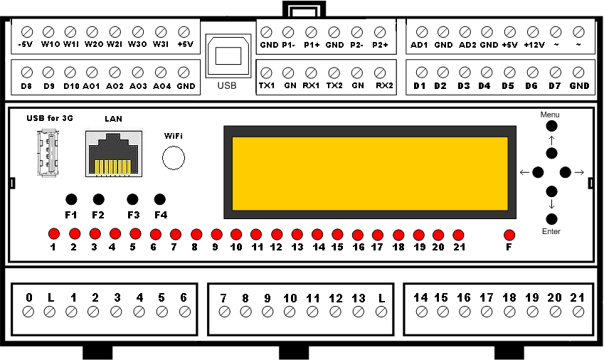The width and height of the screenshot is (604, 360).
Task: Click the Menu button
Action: [x=551, y=125]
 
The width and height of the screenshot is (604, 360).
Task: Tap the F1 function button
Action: [x=70, y=199]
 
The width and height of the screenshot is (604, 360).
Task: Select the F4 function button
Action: [x=160, y=199]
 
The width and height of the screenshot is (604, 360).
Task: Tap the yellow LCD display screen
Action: [x=369, y=173]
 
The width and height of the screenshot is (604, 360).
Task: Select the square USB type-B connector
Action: [x=228, y=56]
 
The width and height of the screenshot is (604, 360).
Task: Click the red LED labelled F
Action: [x=509, y=235]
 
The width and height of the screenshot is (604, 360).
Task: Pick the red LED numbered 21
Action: [x=458, y=235]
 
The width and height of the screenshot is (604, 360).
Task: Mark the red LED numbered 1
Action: [x=53, y=233]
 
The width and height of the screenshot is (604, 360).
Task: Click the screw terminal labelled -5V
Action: [x=27, y=32]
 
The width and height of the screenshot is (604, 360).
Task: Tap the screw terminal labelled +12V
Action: [x=533, y=32]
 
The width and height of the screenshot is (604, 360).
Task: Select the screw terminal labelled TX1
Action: [x=267, y=73]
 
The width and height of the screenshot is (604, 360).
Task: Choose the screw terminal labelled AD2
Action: [x=466, y=32]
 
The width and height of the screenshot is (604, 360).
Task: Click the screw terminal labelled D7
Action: [x=556, y=73]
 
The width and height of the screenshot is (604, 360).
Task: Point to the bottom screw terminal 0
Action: [x=28, y=311]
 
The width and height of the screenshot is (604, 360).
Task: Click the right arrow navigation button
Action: [x=566, y=172]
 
